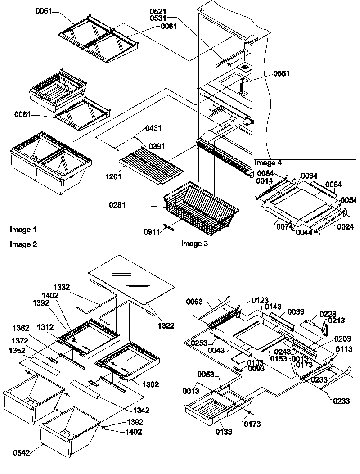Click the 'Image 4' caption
tap(269, 163)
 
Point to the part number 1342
tap(141, 410)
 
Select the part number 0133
tap(224, 433)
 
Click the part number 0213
tap(337, 321)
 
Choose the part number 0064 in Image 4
tap(334, 185)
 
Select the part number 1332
tap(62, 287)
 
